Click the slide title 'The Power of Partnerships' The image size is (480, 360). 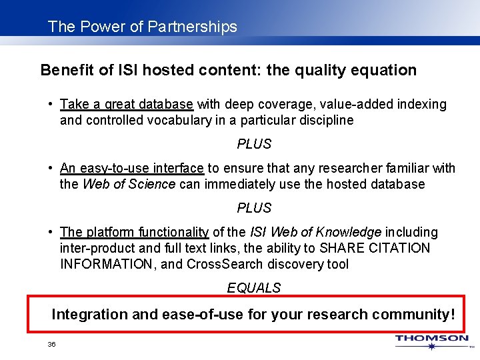tap(142, 27)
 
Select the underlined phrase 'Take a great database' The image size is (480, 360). tap(127, 104)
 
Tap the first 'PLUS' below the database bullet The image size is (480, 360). tap(254, 144)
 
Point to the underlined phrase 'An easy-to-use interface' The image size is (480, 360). tap(132, 168)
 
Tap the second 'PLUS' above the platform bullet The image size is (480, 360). tap(254, 208)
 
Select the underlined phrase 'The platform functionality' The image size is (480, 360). tap(134, 232)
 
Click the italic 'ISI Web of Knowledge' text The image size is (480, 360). tap(315, 232)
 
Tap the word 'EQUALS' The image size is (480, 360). tap(254, 288)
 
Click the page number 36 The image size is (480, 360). tap(51, 344)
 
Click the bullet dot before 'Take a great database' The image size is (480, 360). tap(51, 104)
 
